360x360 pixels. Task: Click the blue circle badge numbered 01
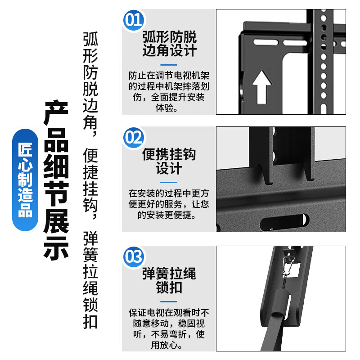pos(133,20)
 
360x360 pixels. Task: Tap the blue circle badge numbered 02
pos(133,137)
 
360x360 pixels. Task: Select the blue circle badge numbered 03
pos(133,257)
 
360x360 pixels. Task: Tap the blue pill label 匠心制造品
pos(26,180)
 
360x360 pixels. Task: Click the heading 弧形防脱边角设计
pos(169,43)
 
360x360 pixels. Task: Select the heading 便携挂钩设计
pos(169,161)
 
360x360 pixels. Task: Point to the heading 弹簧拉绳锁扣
pos(169,280)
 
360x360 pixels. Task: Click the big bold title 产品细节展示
pos(56,180)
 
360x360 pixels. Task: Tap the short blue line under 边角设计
pos(169,63)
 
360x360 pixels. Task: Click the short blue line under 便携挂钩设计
pos(169,182)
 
